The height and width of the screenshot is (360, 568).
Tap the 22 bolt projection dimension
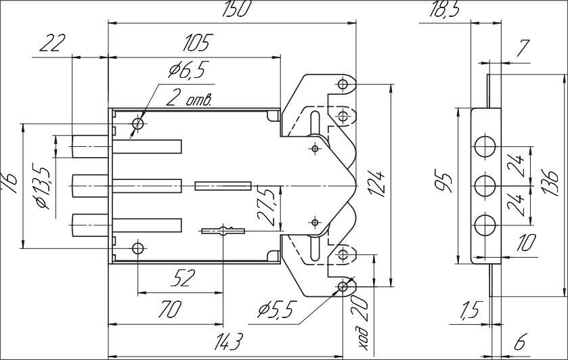[x=52, y=43]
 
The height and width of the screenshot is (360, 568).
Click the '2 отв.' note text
[x=189, y=99]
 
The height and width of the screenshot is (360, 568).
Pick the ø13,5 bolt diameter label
[x=42, y=187]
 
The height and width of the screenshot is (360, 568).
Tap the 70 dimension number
[x=170, y=310]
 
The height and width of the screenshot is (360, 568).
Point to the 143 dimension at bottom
[x=227, y=341]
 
